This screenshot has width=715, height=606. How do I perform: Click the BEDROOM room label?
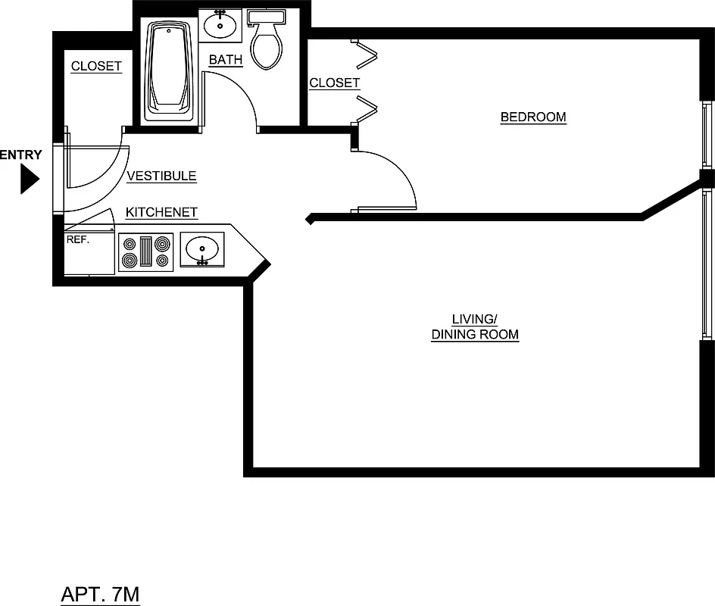(x=533, y=117)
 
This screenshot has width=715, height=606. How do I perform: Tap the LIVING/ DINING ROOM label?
(x=475, y=326)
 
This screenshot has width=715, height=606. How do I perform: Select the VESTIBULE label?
(x=161, y=176)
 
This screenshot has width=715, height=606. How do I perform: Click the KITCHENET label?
(x=161, y=213)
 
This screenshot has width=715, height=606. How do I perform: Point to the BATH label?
(x=226, y=60)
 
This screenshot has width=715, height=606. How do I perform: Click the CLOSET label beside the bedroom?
(x=334, y=83)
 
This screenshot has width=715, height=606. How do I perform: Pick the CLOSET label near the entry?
(x=96, y=67)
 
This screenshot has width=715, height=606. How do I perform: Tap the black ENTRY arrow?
(x=29, y=180)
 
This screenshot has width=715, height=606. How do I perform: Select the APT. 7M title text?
(x=100, y=595)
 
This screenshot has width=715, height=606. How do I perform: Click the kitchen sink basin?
(x=202, y=249)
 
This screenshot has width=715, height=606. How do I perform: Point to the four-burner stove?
(x=145, y=252)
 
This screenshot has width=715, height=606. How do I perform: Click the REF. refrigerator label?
(x=77, y=239)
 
